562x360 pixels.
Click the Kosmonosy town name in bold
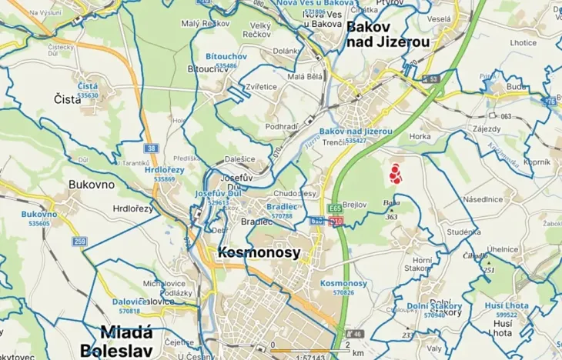pos(259,252)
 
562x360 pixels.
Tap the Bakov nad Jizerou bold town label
pos(379,34)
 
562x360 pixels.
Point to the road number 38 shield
pos(152,148)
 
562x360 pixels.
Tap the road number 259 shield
pos(80,242)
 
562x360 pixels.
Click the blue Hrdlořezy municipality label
pos(165,170)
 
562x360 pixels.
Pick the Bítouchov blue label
pos(226,57)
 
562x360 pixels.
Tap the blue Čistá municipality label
pos(88,86)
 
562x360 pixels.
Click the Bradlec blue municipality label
pos(280,207)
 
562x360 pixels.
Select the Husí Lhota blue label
pos(507,306)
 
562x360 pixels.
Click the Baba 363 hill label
pos(391,208)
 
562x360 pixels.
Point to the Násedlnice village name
pos(483,198)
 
